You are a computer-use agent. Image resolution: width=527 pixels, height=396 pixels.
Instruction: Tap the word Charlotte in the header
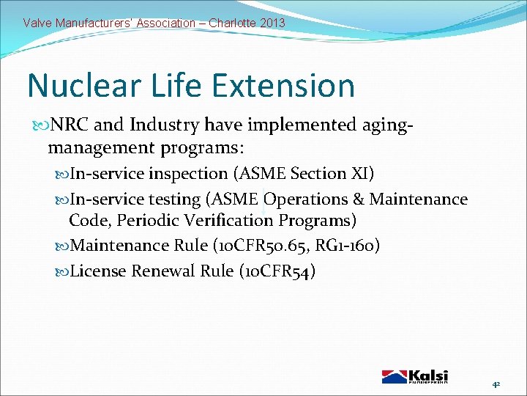pyautogui.click(x=232, y=23)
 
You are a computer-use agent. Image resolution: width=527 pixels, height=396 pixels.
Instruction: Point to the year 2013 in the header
pyautogui.click(x=272, y=23)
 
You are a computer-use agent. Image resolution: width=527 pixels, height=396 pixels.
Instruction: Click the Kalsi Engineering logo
pyautogui.click(x=415, y=376)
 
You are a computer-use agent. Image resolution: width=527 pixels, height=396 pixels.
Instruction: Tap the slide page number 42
pyautogui.click(x=496, y=384)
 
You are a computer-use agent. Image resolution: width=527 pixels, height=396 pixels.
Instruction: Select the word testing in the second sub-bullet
pyautogui.click(x=175, y=199)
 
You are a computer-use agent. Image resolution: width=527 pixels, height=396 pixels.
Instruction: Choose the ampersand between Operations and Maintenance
pyautogui.click(x=358, y=199)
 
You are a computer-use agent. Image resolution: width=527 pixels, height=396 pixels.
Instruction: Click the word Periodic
pyautogui.click(x=146, y=221)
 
